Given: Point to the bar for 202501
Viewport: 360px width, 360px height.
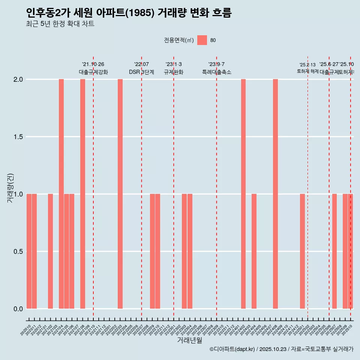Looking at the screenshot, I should [x=302, y=251].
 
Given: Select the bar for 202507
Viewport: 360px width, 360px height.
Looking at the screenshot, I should [x=334, y=251].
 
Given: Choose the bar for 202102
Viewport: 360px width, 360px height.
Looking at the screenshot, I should [x=50, y=251].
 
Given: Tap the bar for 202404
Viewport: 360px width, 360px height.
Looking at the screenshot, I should [x=254, y=251].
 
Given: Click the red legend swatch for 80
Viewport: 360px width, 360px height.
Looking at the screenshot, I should [x=202, y=40].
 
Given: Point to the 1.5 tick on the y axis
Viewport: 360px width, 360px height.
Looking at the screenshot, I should [x=18, y=137].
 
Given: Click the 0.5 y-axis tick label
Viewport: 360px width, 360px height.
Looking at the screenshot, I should [x=18, y=252].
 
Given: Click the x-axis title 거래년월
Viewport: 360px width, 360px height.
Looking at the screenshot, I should [x=189, y=340].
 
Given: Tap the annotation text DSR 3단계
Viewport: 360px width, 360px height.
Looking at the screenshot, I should [x=141, y=72].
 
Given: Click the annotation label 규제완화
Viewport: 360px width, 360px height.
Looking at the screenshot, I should [x=174, y=72].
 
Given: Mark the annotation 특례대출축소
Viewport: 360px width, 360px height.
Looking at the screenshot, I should [x=216, y=72].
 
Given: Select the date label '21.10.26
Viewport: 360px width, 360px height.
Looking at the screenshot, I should [x=93, y=64].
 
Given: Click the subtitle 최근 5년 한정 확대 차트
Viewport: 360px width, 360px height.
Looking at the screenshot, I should [x=60, y=24].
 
